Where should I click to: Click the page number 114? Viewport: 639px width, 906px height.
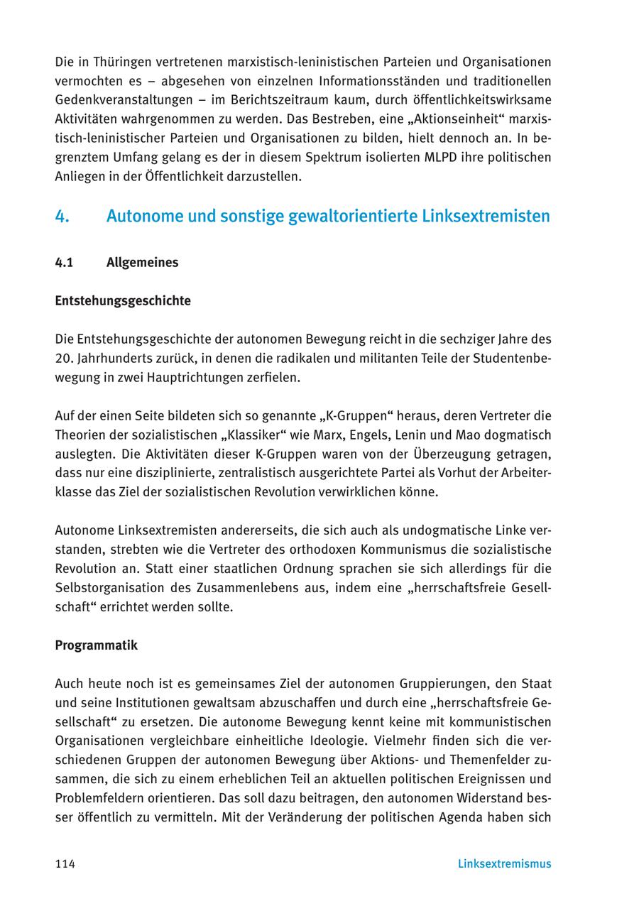coord(65,864)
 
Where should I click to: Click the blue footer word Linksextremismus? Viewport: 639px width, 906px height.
coord(504,864)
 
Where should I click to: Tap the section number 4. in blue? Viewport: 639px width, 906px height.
coord(62,216)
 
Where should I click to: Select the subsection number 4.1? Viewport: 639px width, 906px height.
coord(64,262)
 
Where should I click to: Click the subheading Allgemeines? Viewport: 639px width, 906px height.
coord(142,262)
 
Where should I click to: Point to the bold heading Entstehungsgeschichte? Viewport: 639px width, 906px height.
coord(122,300)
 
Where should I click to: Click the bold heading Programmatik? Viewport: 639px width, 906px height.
coord(96,645)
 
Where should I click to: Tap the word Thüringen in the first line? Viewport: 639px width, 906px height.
coord(116,62)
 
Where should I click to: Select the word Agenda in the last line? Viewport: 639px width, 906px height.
coord(481,817)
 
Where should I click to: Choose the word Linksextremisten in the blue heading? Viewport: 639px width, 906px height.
coord(486,216)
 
